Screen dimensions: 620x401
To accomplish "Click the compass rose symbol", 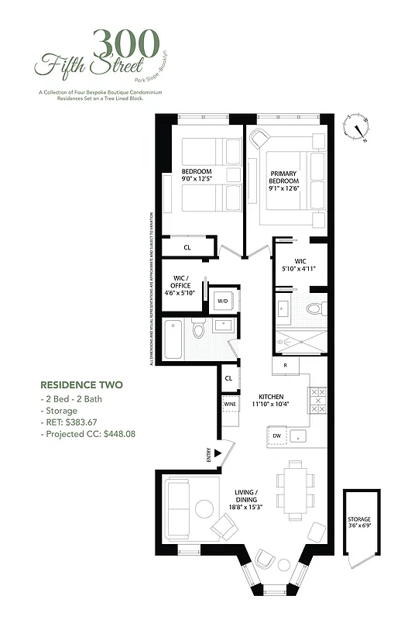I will click(358, 128).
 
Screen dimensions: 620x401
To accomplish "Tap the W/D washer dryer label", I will click(222, 301).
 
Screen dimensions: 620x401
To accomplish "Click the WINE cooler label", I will click(230, 405).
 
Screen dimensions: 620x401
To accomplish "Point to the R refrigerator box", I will click(285, 365).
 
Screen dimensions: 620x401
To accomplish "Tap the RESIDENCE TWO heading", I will click(81, 384).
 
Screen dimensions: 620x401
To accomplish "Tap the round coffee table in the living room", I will click(205, 510).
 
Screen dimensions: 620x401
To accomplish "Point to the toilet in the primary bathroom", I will click(313, 309).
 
